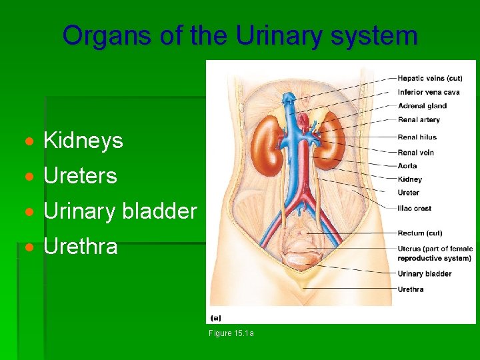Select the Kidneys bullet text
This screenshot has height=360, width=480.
click(x=83, y=141)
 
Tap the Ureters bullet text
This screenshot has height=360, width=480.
click(x=80, y=176)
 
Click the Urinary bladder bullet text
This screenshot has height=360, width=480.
click(x=120, y=211)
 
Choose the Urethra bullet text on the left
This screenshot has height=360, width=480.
click(x=80, y=247)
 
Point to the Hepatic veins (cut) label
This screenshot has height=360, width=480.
click(x=430, y=79)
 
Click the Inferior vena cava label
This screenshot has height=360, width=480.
click(x=429, y=92)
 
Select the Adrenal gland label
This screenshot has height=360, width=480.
click(x=422, y=106)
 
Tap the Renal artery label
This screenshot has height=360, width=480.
click(x=419, y=120)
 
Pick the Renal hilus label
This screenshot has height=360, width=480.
click(x=417, y=137)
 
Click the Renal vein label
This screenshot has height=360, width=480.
click(x=415, y=153)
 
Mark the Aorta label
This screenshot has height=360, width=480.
click(x=407, y=166)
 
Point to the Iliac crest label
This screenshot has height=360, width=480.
click(x=414, y=208)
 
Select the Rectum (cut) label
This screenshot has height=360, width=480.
click(x=419, y=233)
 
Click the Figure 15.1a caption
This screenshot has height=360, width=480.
click(x=231, y=333)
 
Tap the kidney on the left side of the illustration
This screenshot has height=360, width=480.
click(x=269, y=141)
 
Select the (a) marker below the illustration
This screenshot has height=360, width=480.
click(x=216, y=318)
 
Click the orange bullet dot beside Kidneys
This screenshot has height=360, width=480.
click(x=29, y=141)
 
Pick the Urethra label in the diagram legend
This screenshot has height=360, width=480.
click(x=410, y=289)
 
